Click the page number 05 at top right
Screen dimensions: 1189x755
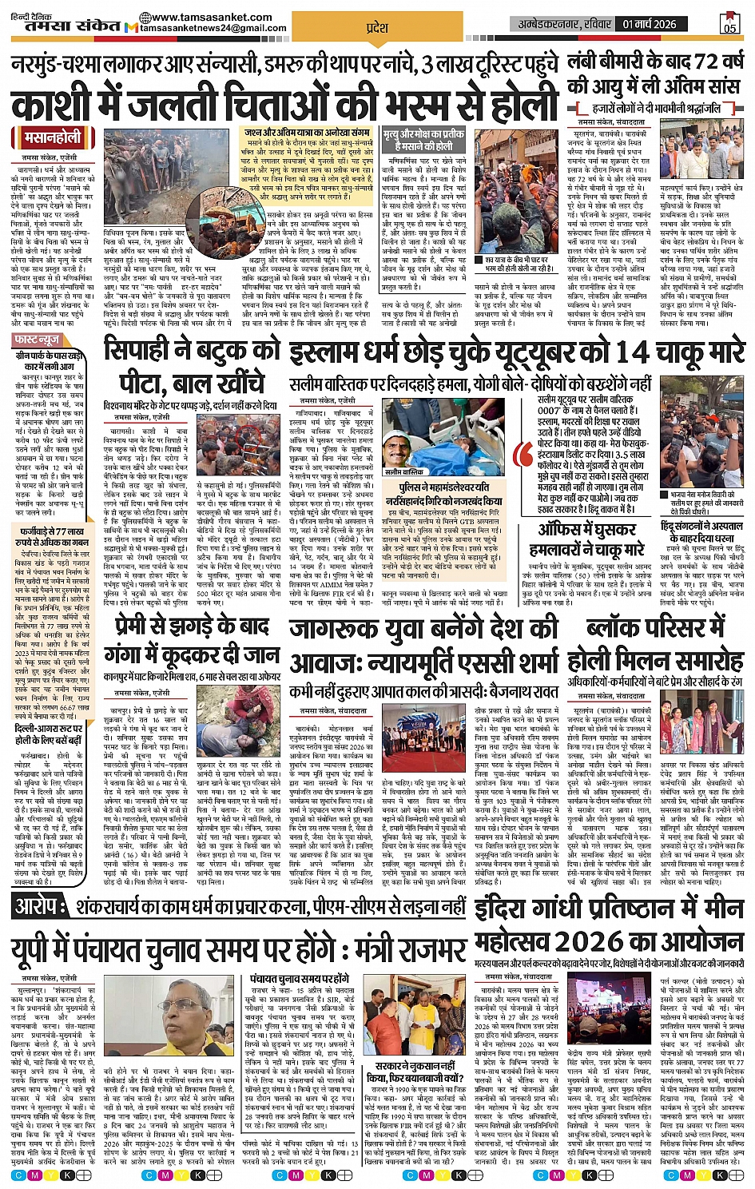point(729,25)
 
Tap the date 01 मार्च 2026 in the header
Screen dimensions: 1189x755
point(650,24)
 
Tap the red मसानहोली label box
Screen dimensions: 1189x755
point(52,137)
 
